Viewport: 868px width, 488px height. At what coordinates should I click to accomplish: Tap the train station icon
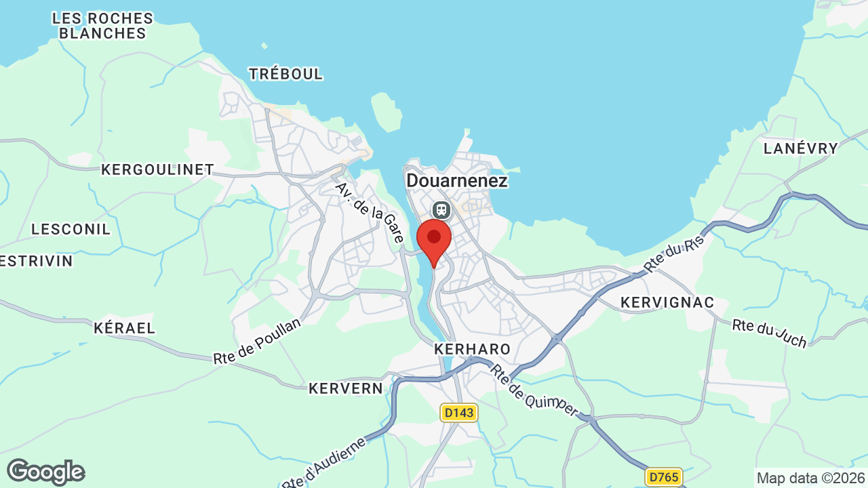coord(441,209)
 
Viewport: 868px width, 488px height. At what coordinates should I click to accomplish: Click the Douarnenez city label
coord(456,181)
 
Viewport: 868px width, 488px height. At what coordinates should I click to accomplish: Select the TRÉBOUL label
coord(285,74)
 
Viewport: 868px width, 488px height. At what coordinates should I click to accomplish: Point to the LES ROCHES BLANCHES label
coord(102,25)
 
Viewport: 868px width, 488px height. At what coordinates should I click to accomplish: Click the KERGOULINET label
coord(157,169)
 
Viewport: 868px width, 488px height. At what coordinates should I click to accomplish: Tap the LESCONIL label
coord(71,229)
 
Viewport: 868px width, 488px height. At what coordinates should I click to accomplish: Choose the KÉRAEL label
coord(124,328)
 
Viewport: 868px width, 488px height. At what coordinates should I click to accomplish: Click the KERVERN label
coord(345,388)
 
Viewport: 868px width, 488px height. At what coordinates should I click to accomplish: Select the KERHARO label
coord(472,349)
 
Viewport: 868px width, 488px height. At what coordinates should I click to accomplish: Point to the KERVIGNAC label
coord(668,302)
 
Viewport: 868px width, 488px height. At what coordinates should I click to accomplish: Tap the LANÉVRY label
coord(800,148)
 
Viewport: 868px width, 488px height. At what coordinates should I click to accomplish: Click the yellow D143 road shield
coord(459,412)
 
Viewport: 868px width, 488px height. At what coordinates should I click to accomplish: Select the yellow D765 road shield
coord(662,477)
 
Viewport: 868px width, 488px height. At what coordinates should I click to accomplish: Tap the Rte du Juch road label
coord(770,333)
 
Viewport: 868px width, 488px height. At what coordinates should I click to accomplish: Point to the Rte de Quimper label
coord(534,390)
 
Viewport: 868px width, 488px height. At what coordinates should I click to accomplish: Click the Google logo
coord(45,472)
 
